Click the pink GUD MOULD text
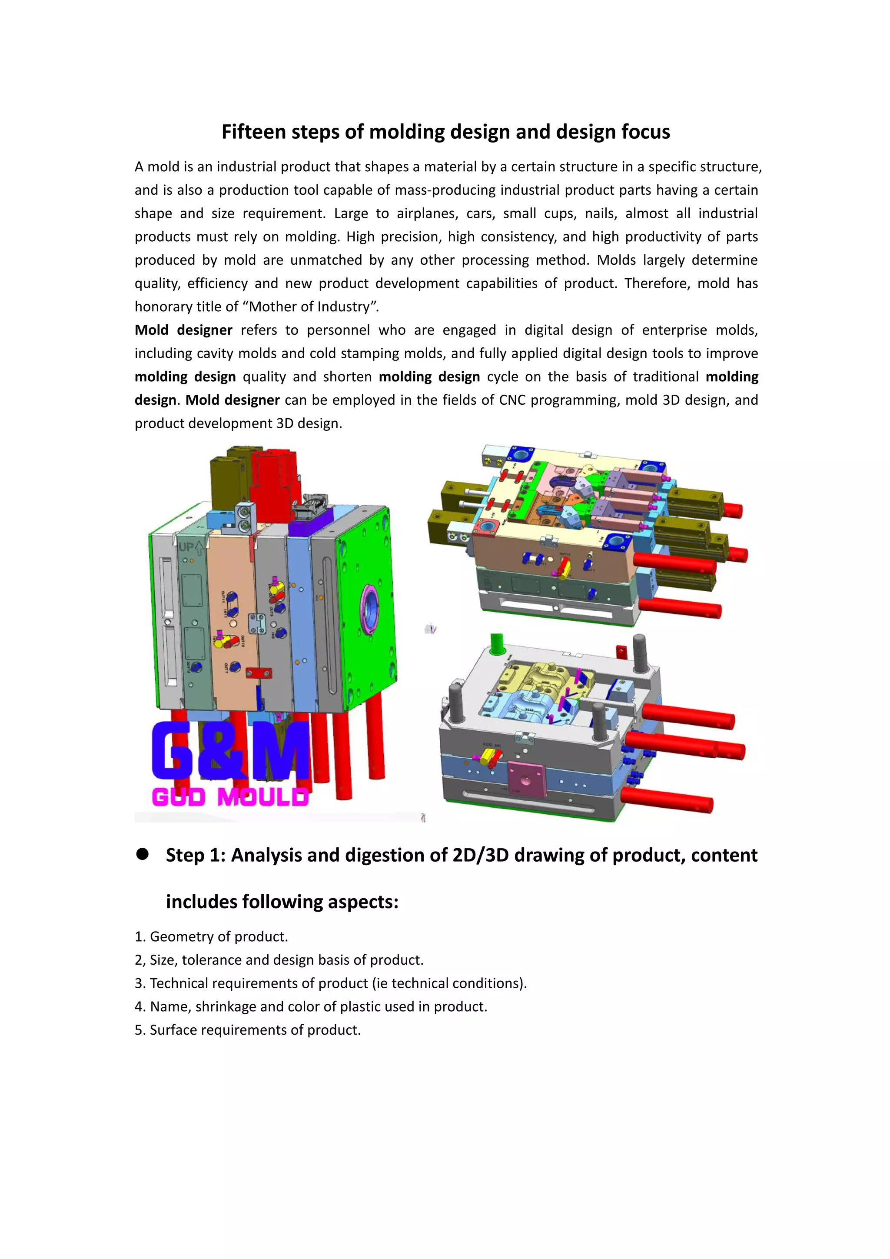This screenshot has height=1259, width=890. [230, 797]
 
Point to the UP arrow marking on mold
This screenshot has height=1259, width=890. [191, 547]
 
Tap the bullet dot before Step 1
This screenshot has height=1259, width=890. [143, 854]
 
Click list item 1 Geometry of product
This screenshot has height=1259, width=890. [212, 936]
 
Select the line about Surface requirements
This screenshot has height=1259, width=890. [248, 1030]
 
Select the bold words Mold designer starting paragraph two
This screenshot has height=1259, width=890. [183, 330]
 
